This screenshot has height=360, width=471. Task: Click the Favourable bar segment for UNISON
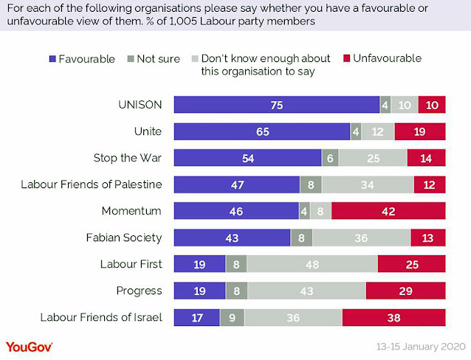tap(277, 105)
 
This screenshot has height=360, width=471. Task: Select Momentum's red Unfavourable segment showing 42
tap(388, 211)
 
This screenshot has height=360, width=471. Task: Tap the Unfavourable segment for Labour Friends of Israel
tap(393, 317)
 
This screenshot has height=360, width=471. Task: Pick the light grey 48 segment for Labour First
tap(312, 264)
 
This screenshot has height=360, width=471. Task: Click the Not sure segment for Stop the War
tap(330, 158)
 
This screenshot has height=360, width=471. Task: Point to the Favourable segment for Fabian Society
tap(233, 238)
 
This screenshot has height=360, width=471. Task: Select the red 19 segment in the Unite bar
tap(420, 131)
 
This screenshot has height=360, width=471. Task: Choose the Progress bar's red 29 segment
tap(405, 291)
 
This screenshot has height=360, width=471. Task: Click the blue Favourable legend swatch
tap(52, 59)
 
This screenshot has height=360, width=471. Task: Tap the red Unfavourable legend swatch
tap(347, 58)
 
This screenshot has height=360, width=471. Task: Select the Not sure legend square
tap(131, 59)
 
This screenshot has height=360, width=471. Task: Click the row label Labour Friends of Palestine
tap(92, 184)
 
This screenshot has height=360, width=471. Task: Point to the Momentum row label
tap(131, 211)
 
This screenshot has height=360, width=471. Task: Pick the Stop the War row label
tap(128, 158)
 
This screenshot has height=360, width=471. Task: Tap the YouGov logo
tap(29, 347)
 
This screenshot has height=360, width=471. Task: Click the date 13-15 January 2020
tap(421, 347)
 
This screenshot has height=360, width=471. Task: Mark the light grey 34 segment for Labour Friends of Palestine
tap(368, 184)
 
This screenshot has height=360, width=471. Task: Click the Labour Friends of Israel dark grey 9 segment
tap(232, 317)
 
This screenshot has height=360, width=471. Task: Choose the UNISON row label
tap(140, 105)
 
